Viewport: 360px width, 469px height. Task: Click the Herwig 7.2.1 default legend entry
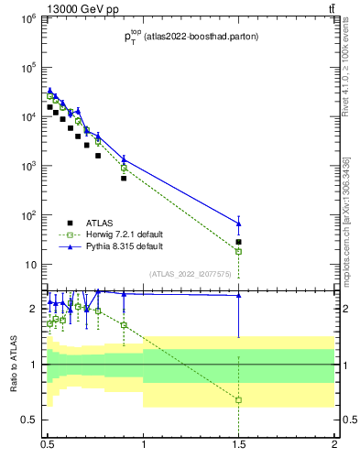point(115,234)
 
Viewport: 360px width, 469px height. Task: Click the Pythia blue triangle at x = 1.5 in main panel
point(239,224)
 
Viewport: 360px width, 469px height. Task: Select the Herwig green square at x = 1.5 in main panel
point(239,251)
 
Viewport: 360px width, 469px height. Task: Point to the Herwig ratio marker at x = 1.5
point(239,400)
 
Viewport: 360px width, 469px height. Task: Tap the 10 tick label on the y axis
point(29,266)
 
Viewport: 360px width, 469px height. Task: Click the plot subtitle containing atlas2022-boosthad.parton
point(191,37)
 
